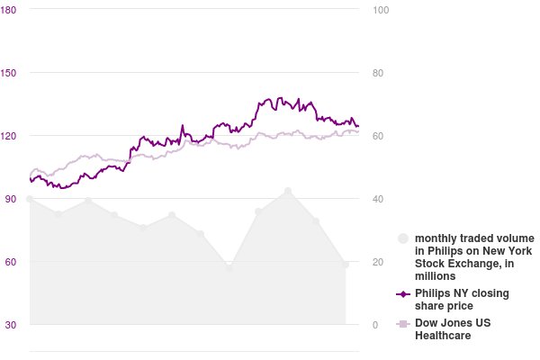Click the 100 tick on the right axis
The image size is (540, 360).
tap(380, 10)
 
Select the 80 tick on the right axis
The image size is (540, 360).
tap(377, 73)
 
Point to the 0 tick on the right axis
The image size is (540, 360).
tap(373, 325)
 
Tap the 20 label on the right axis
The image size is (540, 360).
tap(377, 262)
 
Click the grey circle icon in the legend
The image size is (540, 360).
tap(403, 238)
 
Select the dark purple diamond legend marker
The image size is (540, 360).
tap(403, 293)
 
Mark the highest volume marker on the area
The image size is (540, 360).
tap(288, 191)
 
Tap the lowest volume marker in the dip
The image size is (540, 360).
tap(229, 267)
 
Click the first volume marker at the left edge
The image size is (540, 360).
tap(30, 199)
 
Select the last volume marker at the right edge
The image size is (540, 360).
tap(346, 265)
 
